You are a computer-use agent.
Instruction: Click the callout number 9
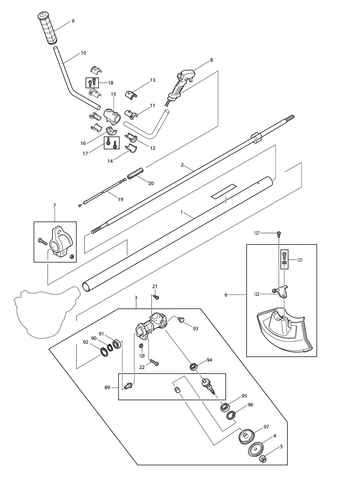(73, 21)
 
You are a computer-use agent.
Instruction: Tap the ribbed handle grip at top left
(48, 28)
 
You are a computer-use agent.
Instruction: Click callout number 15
(113, 94)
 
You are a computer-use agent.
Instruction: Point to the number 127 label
(257, 233)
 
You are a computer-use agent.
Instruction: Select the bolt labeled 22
(154, 362)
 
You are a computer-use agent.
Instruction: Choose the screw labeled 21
(156, 297)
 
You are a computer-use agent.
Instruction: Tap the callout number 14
(110, 161)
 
